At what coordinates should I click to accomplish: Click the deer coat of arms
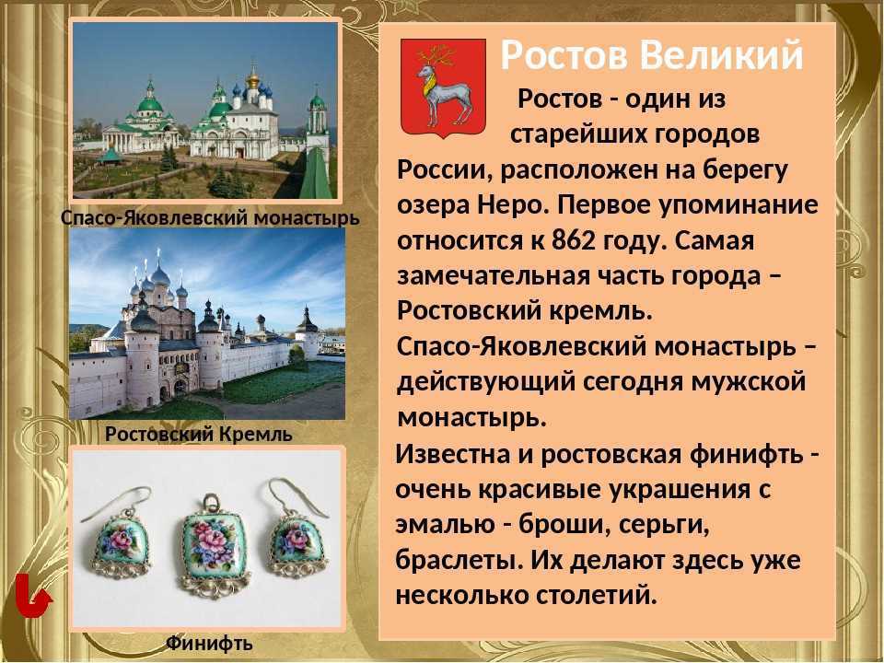pos(444,87)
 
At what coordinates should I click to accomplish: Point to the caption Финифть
pos(209,644)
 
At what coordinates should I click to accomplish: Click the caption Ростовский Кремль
pos(199,433)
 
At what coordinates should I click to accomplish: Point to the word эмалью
pos(437,524)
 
